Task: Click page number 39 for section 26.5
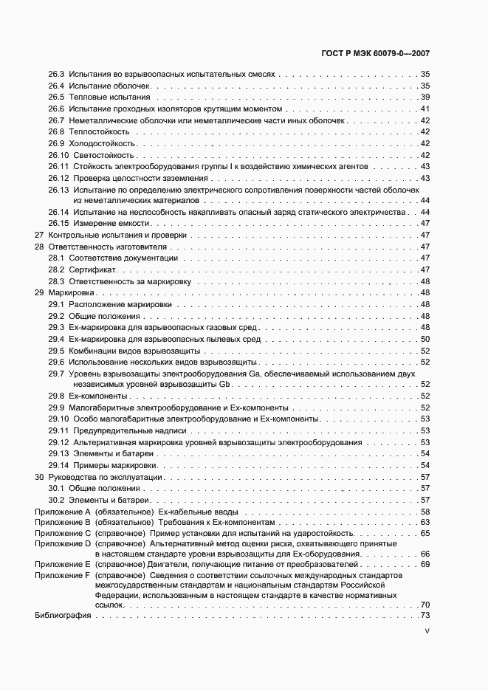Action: point(425,97)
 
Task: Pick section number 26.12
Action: point(58,177)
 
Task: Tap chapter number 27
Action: point(40,235)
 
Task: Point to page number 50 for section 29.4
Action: point(425,339)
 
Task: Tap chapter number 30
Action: point(40,477)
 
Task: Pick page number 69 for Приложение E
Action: point(425,564)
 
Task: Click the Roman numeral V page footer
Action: point(427,632)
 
